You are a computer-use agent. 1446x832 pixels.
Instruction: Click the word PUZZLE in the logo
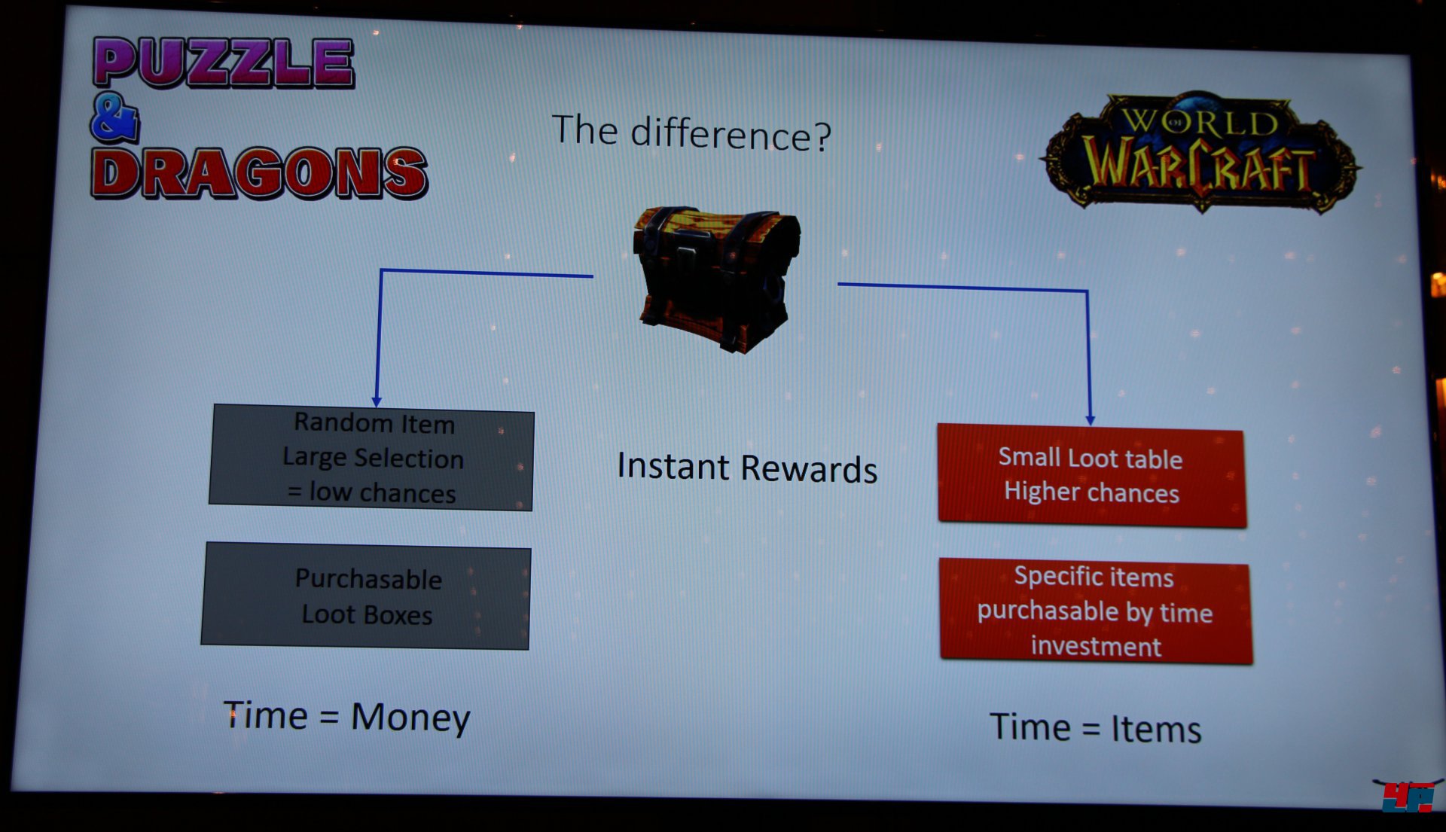pos(223,62)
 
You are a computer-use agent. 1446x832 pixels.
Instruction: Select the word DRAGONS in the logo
pos(259,172)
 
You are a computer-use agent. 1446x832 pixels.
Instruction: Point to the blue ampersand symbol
pos(114,118)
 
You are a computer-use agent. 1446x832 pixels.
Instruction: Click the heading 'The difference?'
pos(691,133)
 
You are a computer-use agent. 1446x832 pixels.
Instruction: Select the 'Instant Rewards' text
pos(747,468)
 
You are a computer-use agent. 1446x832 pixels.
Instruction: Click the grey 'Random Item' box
pos(372,457)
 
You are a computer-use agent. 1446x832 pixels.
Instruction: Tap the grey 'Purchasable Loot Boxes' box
pos(366,596)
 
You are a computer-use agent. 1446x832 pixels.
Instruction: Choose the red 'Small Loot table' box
pos(1092,475)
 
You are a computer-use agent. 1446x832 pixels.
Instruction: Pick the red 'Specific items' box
pos(1096,611)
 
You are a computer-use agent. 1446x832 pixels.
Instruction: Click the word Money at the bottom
pos(410,717)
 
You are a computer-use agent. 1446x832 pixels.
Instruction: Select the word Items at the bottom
pos(1156,729)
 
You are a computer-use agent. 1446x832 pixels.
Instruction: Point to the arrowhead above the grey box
pos(377,402)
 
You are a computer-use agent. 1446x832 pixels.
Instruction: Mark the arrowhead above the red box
pos(1090,419)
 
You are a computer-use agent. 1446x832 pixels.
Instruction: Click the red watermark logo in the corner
pos(1408,797)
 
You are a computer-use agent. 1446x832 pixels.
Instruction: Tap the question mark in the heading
pos(822,137)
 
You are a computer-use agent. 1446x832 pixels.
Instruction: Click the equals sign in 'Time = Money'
pos(329,716)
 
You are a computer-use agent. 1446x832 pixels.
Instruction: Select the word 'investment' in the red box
pos(1096,646)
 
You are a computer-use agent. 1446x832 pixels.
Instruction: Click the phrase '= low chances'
pos(372,492)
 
